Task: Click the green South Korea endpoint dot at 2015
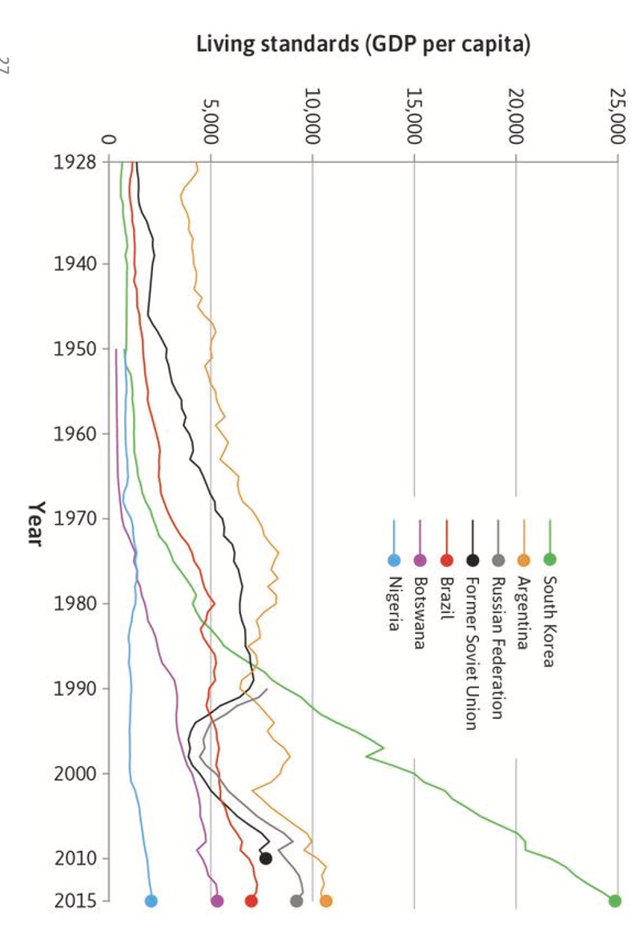614,901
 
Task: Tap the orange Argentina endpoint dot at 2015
325,901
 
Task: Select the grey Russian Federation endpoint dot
296,901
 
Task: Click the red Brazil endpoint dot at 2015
252,901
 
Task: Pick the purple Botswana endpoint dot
217,901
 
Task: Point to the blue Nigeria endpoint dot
151,901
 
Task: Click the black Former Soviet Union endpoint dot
266,859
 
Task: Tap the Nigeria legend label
393,604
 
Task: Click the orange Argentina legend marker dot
524,560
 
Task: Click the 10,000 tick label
312,117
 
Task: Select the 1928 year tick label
75,163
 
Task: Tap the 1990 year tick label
75,688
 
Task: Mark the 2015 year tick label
75,901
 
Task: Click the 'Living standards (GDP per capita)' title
364,45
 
